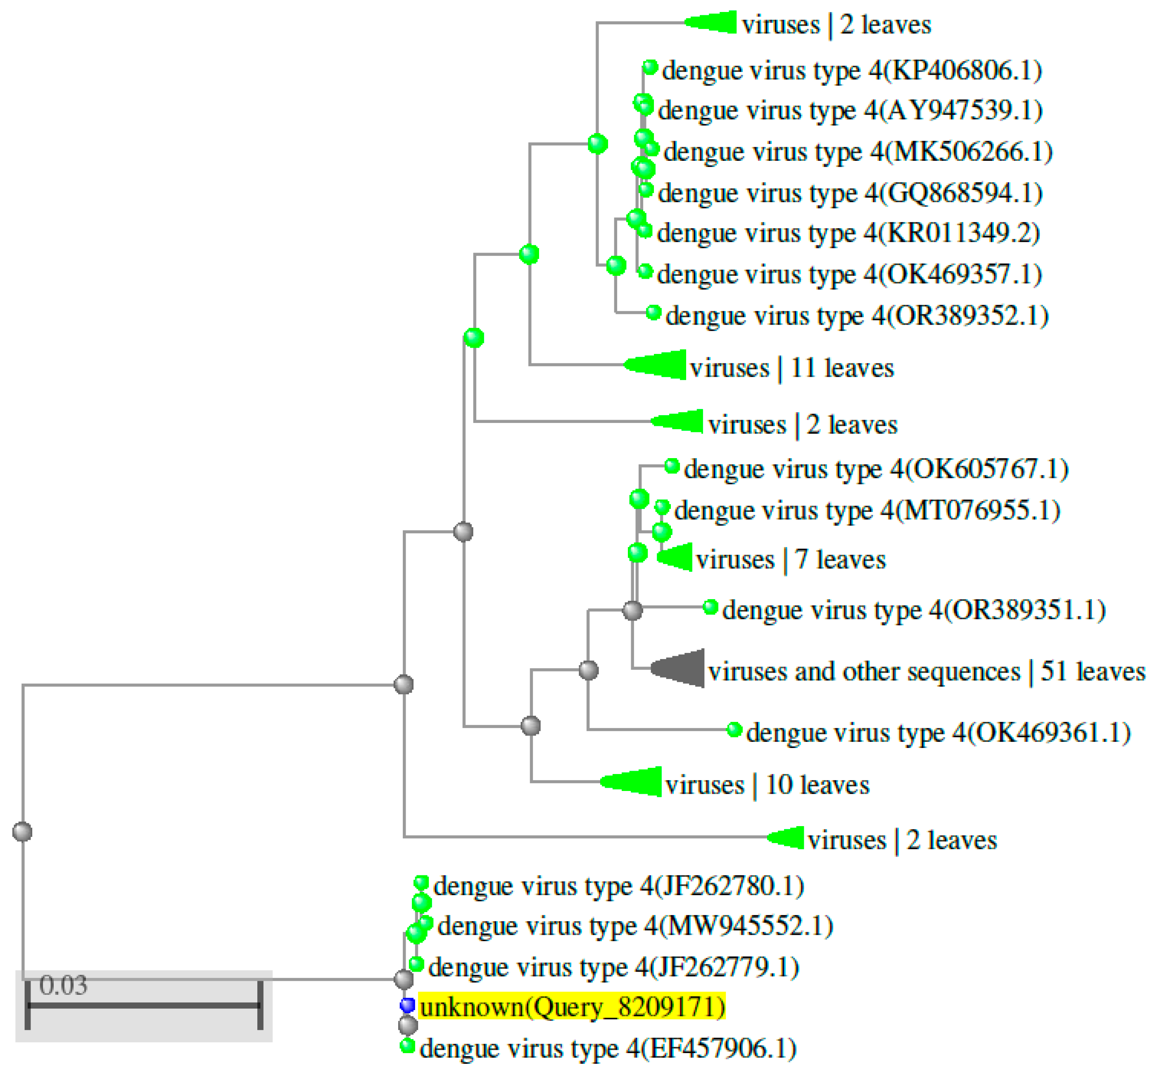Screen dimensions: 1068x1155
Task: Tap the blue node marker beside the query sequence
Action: [408, 1006]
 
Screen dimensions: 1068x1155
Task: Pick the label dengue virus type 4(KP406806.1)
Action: [852, 71]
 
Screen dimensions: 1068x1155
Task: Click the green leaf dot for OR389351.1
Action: [711, 607]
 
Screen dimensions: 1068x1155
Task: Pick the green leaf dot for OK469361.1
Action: [734, 730]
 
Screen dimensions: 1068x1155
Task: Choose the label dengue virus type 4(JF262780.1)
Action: [618, 885]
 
